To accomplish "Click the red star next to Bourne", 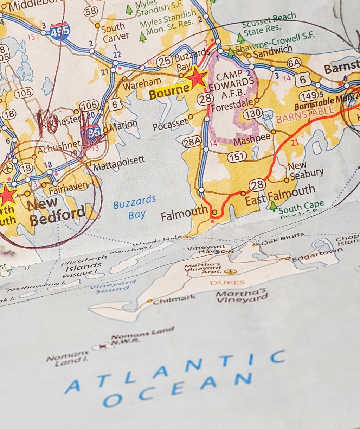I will (x=197, y=78).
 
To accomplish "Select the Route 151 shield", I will (x=237, y=157).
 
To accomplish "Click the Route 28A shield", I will (x=192, y=142).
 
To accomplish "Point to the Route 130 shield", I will (x=253, y=113).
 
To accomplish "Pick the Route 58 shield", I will (x=91, y=11).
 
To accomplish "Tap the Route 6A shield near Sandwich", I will (x=294, y=63).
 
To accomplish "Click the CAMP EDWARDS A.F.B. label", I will (x=235, y=84).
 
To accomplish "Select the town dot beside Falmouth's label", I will (x=214, y=212).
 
